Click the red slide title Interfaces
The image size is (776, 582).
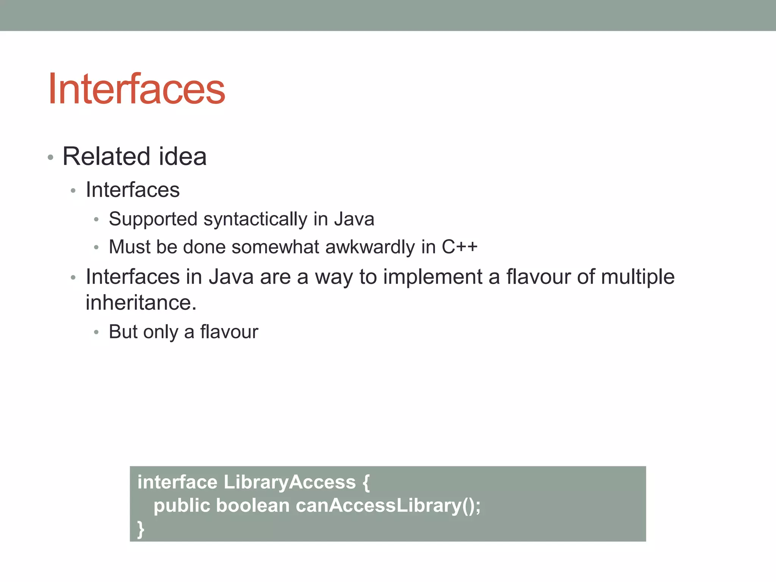(136, 89)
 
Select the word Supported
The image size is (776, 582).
(153, 219)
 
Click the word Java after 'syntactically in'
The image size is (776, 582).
(354, 219)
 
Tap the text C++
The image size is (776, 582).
(460, 247)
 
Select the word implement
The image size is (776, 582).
(432, 277)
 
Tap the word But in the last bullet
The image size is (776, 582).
(123, 332)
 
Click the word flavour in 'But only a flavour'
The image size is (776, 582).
(229, 332)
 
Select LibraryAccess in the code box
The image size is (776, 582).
(289, 482)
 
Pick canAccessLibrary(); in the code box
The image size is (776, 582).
(388, 505)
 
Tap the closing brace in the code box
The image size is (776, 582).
(141, 529)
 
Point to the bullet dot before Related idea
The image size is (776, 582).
(50, 157)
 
